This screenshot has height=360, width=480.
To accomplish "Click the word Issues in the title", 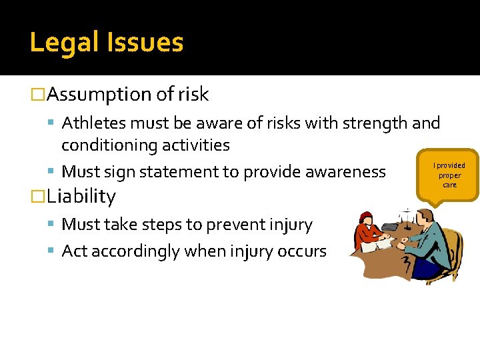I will pyautogui.click(x=145, y=43).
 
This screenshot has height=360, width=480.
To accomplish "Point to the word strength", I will pyautogui.click(x=374, y=123).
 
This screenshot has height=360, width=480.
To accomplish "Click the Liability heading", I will pyautogui.click(x=81, y=197).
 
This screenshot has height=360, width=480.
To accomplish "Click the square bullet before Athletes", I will pyautogui.click(x=53, y=124).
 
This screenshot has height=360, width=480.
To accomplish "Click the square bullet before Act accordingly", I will pyautogui.click(x=53, y=252).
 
